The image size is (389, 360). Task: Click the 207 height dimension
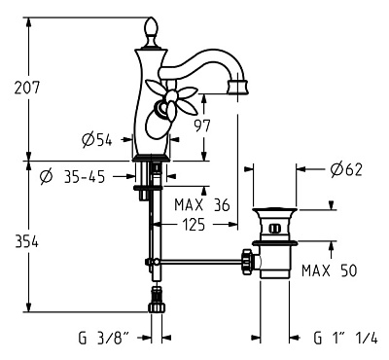[x=26, y=88]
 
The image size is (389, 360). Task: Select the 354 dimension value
[x=26, y=242]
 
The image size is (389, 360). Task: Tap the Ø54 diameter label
[x=96, y=140]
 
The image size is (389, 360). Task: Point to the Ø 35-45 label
[x=73, y=177]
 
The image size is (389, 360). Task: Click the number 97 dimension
[x=203, y=126]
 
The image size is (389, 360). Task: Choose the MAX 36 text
[x=202, y=205]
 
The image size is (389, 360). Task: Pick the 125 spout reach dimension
[x=194, y=224]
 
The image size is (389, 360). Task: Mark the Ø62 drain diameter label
[x=346, y=169]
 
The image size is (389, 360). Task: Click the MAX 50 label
[x=329, y=270]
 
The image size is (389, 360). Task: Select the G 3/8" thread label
[x=103, y=338]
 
